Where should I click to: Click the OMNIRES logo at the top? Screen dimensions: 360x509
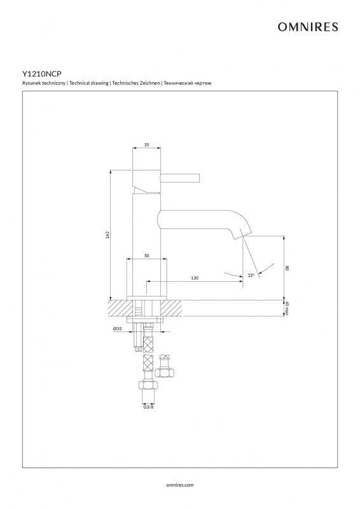click(x=308, y=27)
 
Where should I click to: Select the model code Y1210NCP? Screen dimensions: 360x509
click(x=41, y=74)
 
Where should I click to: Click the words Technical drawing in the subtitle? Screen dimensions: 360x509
click(x=89, y=83)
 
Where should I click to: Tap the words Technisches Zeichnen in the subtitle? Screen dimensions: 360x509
click(x=136, y=83)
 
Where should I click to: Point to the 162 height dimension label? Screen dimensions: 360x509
click(x=107, y=234)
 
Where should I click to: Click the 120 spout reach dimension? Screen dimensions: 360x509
click(x=195, y=278)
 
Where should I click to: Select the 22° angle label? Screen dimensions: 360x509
click(x=251, y=275)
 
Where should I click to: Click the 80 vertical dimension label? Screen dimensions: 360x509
click(x=287, y=268)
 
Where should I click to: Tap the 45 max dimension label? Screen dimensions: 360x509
click(x=287, y=308)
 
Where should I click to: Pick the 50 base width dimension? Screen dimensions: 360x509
click(x=147, y=256)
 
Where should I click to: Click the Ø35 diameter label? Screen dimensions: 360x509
click(x=117, y=328)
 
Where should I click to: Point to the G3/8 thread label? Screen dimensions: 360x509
click(x=148, y=406)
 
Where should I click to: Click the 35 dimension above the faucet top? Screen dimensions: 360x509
click(x=147, y=145)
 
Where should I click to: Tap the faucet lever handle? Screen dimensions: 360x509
click(x=179, y=178)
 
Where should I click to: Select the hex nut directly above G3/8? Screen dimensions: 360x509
click(x=148, y=385)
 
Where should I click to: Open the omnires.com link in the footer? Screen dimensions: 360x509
click(x=180, y=485)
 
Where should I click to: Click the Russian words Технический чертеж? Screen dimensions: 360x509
click(x=188, y=83)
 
